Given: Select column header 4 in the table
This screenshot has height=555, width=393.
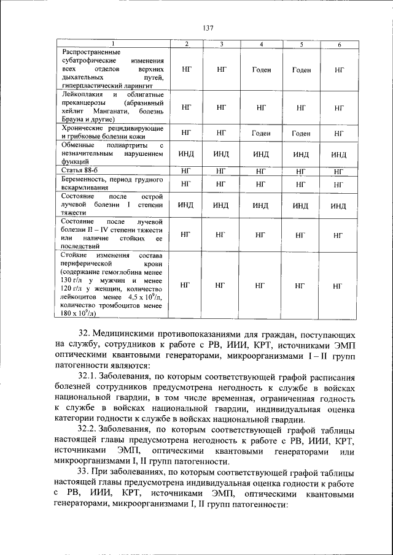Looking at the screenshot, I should [262, 45].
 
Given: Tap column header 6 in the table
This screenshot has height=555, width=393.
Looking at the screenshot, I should [339, 45].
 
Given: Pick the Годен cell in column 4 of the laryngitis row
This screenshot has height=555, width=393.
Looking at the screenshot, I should [262, 70].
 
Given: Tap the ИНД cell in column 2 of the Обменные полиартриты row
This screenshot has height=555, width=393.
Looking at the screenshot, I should [187, 154].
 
